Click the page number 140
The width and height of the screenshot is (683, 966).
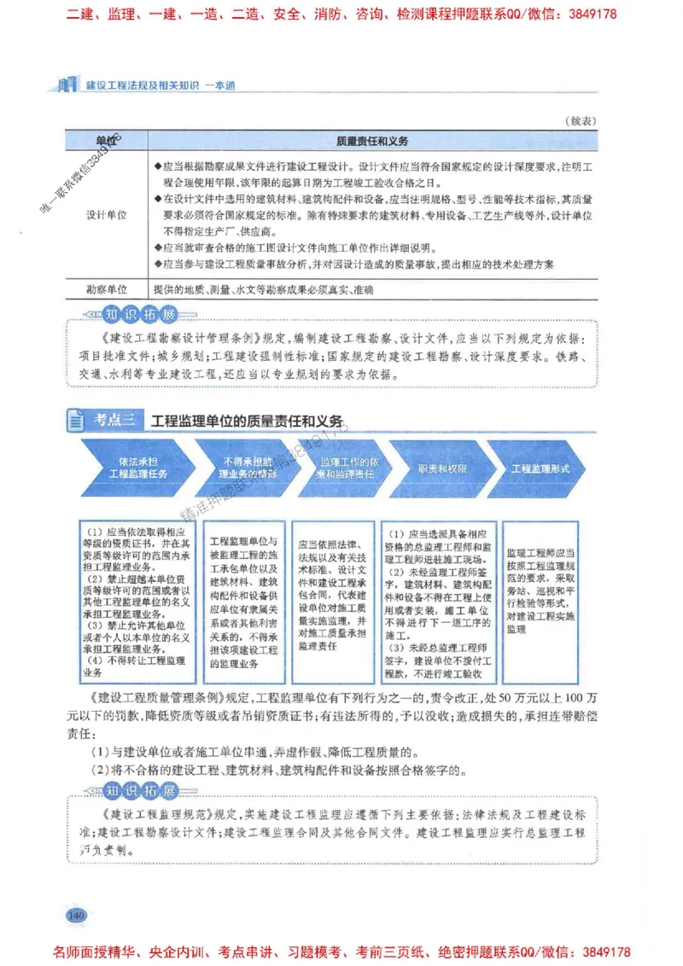click(x=76, y=916)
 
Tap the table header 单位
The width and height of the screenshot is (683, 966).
click(x=106, y=140)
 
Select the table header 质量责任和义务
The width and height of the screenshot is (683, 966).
click(x=372, y=140)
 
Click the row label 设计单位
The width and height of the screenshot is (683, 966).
click(x=106, y=215)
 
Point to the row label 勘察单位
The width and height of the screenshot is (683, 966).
click(x=106, y=290)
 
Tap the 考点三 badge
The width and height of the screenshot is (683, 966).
click(x=105, y=419)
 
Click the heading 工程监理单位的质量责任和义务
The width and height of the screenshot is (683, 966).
click(x=247, y=421)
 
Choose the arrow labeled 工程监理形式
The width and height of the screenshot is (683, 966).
click(x=540, y=468)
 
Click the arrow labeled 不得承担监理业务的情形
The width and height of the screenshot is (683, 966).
click(x=236, y=467)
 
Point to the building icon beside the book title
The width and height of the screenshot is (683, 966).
click(x=65, y=84)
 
